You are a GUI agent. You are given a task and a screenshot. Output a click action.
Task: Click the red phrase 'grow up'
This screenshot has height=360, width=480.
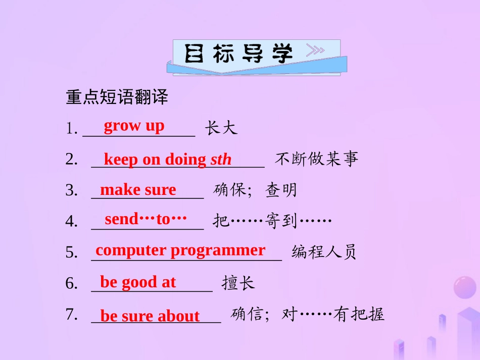(x=134, y=126)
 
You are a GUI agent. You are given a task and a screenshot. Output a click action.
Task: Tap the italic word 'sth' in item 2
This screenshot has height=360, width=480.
(x=221, y=160)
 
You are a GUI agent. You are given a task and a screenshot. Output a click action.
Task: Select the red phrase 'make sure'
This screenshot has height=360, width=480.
(x=138, y=190)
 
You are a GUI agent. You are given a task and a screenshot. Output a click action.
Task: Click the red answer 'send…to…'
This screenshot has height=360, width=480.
(x=146, y=219)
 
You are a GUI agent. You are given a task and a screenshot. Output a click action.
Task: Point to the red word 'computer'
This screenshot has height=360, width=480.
(x=131, y=250)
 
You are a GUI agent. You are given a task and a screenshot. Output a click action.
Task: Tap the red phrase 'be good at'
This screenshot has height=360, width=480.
(x=138, y=282)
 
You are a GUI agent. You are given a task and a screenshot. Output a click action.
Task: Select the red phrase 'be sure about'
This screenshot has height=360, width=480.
(x=150, y=316)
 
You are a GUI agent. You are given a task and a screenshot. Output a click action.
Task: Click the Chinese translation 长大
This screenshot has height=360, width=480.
(x=221, y=128)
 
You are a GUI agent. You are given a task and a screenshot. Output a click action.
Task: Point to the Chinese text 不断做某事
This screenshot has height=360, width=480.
(x=317, y=160)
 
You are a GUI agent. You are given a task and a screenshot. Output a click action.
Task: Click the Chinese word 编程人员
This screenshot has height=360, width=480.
(x=324, y=252)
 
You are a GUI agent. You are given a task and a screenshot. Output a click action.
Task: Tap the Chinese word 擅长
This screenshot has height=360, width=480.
(x=238, y=283)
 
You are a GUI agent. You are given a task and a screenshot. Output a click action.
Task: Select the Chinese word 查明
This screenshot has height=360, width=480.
(x=281, y=190)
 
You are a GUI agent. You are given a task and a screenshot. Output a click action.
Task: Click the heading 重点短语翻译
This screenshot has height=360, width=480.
(x=117, y=97)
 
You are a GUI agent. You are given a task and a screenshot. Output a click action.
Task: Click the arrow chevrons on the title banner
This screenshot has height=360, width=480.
(x=315, y=50)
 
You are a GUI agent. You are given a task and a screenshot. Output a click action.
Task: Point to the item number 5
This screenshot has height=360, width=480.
(x=71, y=252)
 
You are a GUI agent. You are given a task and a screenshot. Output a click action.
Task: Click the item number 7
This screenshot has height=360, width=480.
(x=71, y=315)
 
